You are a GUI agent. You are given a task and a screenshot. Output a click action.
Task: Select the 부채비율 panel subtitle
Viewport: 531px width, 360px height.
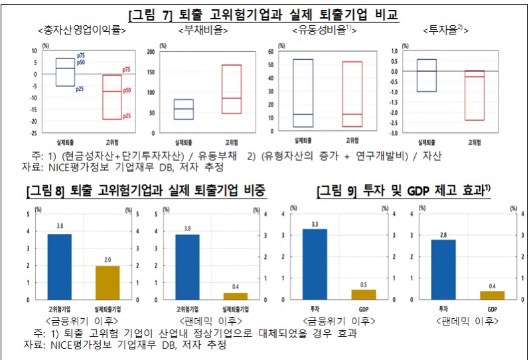203,31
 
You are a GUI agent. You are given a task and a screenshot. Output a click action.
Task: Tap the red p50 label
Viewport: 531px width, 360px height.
127,90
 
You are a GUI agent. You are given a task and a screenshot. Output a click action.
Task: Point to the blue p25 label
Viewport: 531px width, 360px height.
80,88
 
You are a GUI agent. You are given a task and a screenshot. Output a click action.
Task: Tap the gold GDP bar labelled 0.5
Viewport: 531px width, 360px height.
363,294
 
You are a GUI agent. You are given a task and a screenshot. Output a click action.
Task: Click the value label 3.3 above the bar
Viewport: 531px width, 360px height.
315,224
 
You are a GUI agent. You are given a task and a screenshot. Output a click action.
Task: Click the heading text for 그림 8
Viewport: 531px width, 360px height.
145,191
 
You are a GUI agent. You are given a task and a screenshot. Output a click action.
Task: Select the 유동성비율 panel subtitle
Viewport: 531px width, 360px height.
324,31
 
